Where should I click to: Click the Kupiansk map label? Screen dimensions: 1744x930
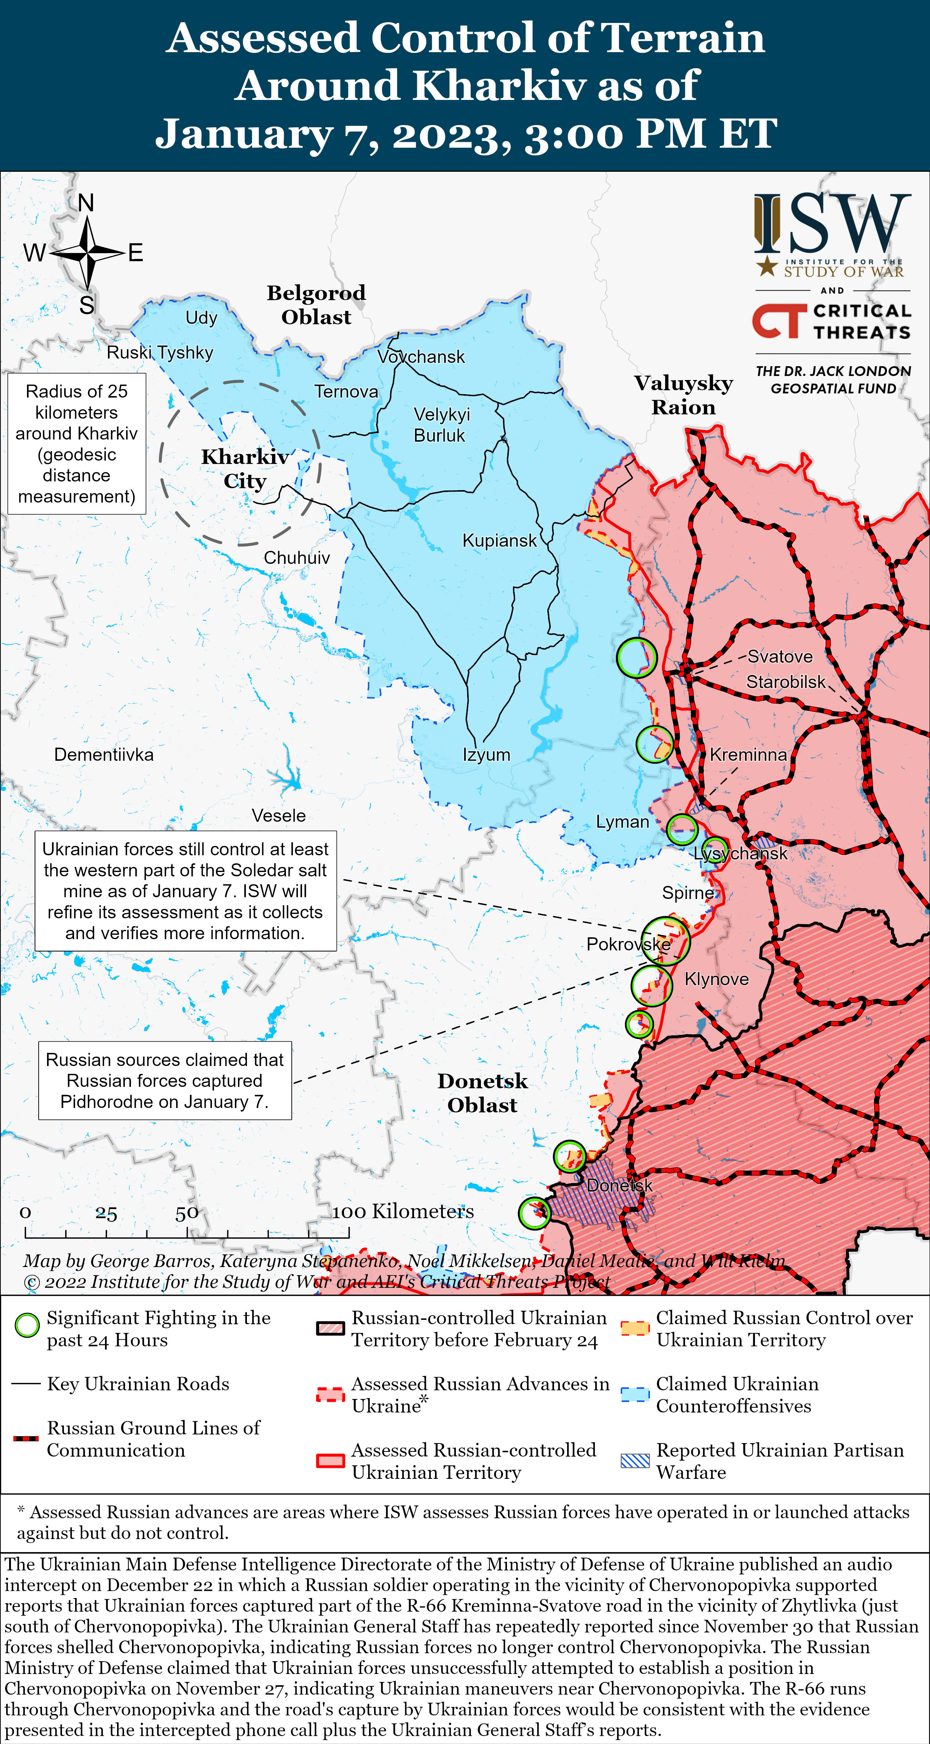click(x=499, y=540)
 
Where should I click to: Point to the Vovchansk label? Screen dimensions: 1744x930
click(x=421, y=357)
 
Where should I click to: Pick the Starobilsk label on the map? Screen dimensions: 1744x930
click(x=785, y=682)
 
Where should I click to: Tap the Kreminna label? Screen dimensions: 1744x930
click(x=748, y=755)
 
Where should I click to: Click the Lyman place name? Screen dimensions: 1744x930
click(x=622, y=822)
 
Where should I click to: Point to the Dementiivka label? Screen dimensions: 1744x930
click(x=104, y=755)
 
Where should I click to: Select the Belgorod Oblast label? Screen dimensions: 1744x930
click(x=316, y=305)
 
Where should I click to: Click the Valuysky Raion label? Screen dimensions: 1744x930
click(x=683, y=395)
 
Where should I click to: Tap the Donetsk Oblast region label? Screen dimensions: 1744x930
click(x=482, y=1093)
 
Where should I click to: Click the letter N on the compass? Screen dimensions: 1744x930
click(x=86, y=202)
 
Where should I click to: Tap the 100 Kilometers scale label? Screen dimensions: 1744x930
click(x=403, y=1211)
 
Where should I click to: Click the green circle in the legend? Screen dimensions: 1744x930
click(x=27, y=1326)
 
